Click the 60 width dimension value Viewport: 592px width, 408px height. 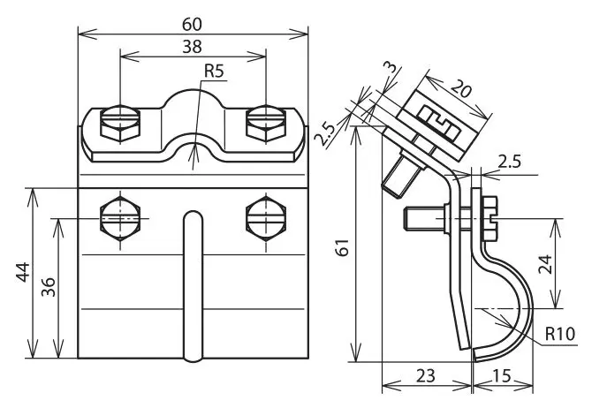tap(192, 25)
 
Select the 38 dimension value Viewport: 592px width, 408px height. tap(192, 47)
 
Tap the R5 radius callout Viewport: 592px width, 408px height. tap(214, 71)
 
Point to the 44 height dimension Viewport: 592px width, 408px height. tap(23, 272)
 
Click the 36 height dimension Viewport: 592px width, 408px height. tap(49, 287)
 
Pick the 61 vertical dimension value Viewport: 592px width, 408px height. tap(343, 247)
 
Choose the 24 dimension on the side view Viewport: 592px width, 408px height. tap(545, 264)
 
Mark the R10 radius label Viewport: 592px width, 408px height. tap(560, 334)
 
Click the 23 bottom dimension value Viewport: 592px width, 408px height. tap(426, 376)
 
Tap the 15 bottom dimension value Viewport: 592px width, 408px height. tap(502, 376)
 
